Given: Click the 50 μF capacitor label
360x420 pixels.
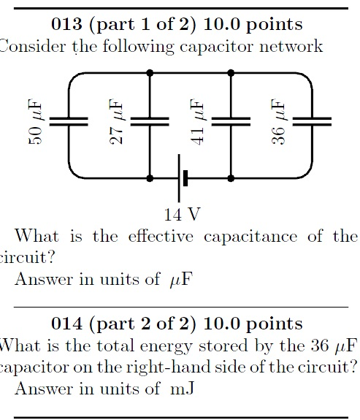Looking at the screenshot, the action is click(x=35, y=121).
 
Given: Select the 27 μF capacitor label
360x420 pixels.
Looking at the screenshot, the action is click(x=116, y=121).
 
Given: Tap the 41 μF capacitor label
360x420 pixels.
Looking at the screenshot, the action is click(x=197, y=121).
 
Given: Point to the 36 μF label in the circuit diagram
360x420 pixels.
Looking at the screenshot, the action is click(x=278, y=121).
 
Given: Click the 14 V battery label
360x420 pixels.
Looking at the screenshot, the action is click(x=182, y=214).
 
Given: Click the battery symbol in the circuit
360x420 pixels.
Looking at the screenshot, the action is click(x=182, y=178).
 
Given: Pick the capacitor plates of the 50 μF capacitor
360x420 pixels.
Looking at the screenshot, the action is click(x=69, y=121).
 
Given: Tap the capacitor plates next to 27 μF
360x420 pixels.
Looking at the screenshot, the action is click(x=150, y=121).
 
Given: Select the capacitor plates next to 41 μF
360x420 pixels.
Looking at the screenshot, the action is click(x=231, y=121).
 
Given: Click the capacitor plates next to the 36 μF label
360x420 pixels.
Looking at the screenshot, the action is click(x=312, y=121).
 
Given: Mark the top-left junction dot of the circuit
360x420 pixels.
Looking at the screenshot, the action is click(x=150, y=72).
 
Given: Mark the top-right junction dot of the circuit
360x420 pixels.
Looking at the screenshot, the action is click(x=231, y=72).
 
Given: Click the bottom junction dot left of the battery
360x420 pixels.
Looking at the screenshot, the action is click(x=150, y=178).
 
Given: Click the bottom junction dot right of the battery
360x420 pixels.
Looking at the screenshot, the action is click(x=231, y=178).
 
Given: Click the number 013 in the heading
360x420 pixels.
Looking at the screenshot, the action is click(x=66, y=24).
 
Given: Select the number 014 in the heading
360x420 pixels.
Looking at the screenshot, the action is click(x=66, y=324).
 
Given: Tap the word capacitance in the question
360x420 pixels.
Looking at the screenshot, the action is click(x=250, y=237).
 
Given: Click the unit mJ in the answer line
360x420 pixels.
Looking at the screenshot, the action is click(x=182, y=389).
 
